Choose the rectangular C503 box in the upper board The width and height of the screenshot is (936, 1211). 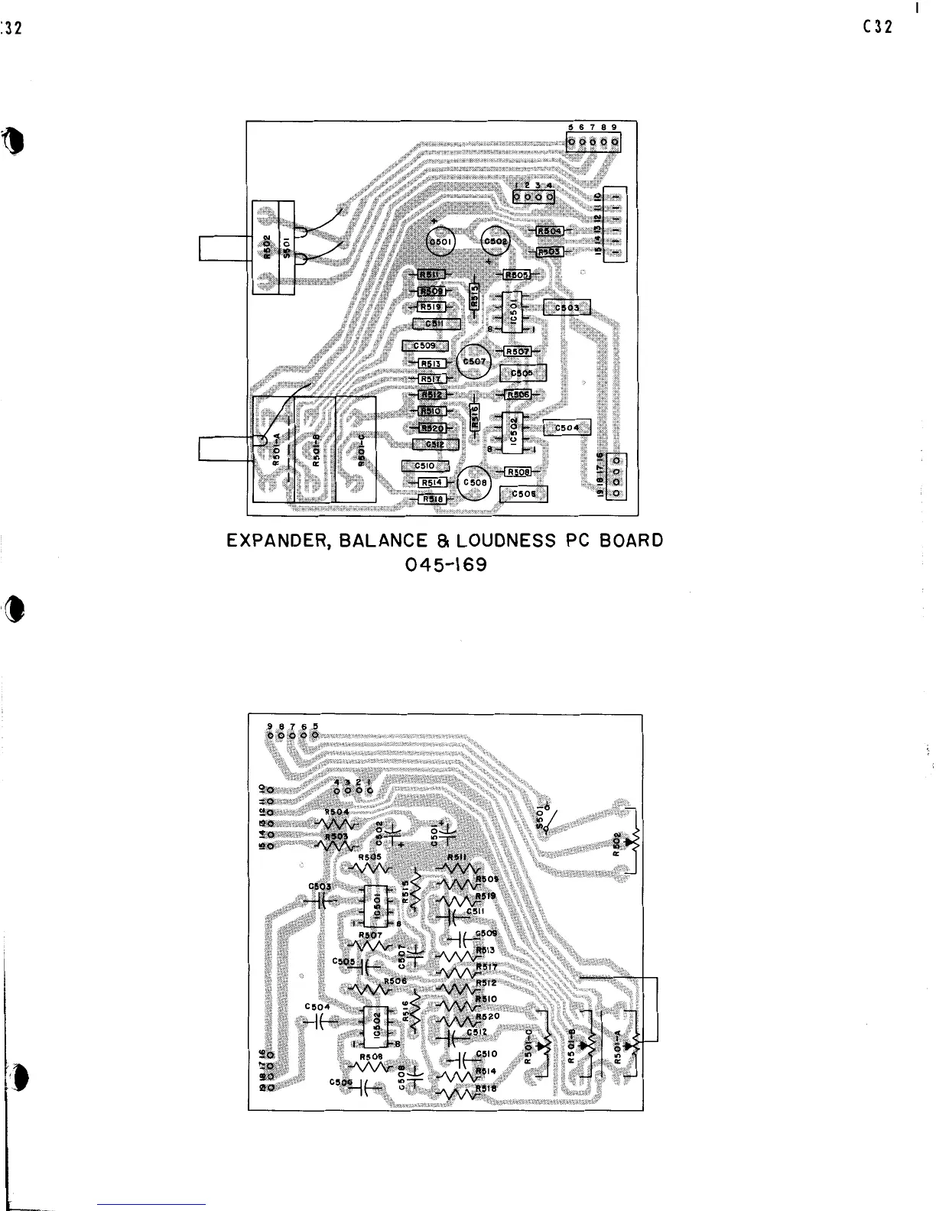coord(567,307)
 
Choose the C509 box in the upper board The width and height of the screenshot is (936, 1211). coord(424,346)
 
